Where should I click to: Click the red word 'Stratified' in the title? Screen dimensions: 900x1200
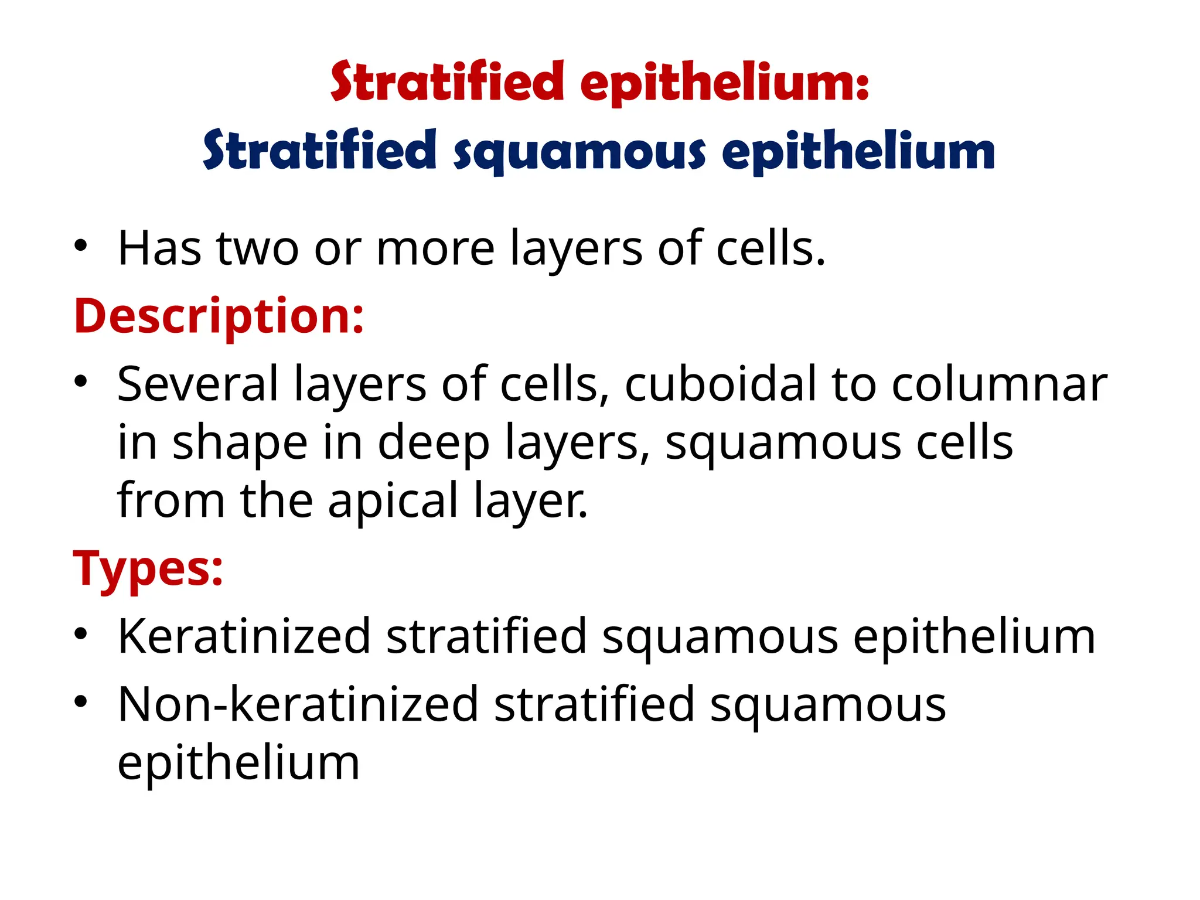click(447, 82)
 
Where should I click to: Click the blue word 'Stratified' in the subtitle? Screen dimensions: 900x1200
click(320, 150)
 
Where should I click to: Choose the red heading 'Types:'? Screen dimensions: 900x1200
click(148, 568)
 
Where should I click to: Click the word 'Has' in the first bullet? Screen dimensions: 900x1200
click(160, 248)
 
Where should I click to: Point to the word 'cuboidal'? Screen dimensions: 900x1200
click(720, 384)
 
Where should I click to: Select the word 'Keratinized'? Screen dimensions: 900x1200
click(244, 636)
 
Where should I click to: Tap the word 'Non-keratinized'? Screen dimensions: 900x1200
click(298, 704)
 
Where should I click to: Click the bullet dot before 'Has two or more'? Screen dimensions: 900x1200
click(81, 246)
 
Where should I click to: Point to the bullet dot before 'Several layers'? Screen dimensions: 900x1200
click(81, 382)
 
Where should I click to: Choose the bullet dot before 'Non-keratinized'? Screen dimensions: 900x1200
click(81, 701)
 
